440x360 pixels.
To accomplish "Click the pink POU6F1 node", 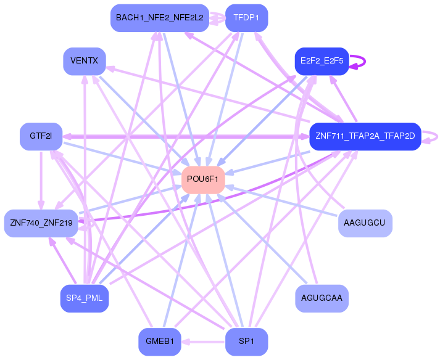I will tap(202, 179).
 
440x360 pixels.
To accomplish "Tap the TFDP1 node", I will tap(246, 18).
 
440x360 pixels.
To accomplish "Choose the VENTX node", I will tap(85, 62).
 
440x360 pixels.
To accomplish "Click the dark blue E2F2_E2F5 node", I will tap(322, 61).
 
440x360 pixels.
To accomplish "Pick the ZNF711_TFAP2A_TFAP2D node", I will tap(365, 136).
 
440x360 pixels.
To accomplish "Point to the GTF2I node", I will tap(41, 136).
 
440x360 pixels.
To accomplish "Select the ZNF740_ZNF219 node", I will tap(41, 223).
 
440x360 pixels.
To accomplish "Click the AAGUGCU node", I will tap(365, 223).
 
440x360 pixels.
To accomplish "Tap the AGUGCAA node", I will tap(322, 298).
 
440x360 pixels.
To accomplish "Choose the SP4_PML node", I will tap(85, 298).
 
